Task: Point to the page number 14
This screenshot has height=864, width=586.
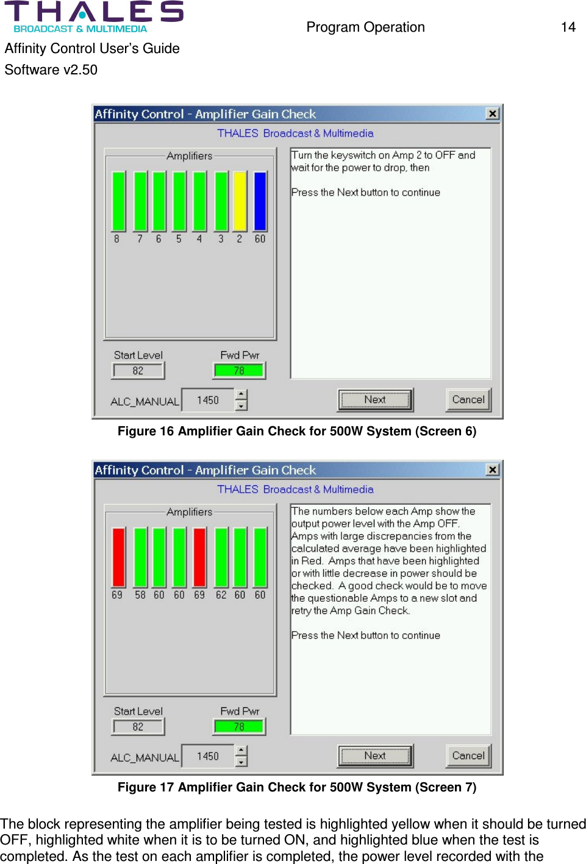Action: [x=568, y=27]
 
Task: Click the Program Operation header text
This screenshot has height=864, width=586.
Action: [x=365, y=27]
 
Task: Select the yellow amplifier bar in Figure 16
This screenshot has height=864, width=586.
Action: [x=240, y=201]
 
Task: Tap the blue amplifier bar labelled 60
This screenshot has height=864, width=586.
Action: [x=260, y=201]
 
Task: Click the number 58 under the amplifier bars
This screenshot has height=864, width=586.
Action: [x=140, y=595]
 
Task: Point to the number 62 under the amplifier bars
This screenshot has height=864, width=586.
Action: [x=221, y=595]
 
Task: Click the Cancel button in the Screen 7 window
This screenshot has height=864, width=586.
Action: [x=468, y=756]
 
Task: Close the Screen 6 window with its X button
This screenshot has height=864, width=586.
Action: [x=493, y=113]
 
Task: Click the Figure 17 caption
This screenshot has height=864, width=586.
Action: [x=297, y=787]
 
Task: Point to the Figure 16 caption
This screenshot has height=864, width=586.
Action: [x=297, y=431]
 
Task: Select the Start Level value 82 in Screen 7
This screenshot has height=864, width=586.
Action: [x=138, y=727]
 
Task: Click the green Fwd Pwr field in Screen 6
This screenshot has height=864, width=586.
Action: [x=239, y=371]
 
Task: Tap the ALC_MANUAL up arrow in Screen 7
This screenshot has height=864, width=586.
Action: [x=241, y=751]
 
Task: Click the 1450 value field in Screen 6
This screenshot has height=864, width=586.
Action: [x=208, y=401]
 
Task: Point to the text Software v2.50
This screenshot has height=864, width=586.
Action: [x=51, y=70]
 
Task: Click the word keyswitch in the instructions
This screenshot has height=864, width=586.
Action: [x=353, y=155]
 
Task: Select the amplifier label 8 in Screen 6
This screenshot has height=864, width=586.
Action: [x=117, y=239]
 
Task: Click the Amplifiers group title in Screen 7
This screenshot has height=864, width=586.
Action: [x=190, y=512]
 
